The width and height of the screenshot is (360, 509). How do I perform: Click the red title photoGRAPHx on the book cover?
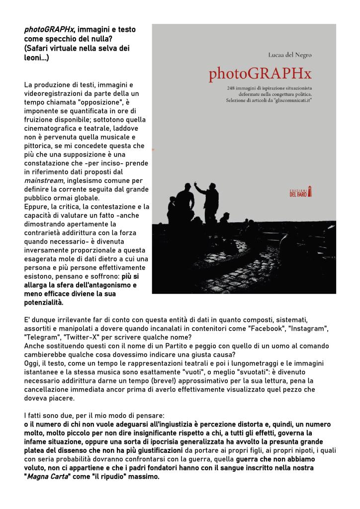260,74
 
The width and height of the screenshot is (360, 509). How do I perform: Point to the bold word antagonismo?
109,285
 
